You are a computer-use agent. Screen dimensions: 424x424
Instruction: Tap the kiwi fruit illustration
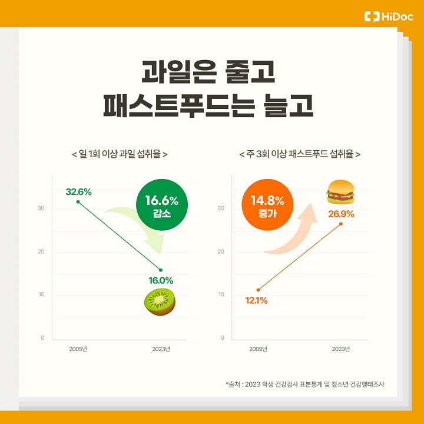pos(160,302)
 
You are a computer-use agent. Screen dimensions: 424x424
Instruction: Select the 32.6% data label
pos(78,191)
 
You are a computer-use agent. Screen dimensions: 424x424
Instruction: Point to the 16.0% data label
pos(161,280)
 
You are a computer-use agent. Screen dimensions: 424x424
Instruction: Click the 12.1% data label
pos(256,300)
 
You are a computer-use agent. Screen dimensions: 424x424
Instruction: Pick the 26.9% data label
pos(341,214)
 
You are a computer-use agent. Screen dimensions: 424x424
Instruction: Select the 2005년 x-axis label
pos(78,349)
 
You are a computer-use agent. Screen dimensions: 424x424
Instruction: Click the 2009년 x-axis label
pos(258,349)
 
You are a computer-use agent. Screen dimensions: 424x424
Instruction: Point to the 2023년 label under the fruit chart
pos(161,349)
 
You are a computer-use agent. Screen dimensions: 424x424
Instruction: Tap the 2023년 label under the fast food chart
pos(340,349)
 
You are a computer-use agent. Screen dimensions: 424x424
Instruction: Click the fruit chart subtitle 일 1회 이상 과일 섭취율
pos(120,154)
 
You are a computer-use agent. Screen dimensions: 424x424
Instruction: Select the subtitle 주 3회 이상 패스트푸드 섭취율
pos(300,154)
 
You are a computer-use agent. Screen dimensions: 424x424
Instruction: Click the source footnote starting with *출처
pos(309,385)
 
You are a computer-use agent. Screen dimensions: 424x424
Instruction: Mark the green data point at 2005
pos(78,202)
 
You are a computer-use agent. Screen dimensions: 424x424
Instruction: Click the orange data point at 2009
pos(258,290)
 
